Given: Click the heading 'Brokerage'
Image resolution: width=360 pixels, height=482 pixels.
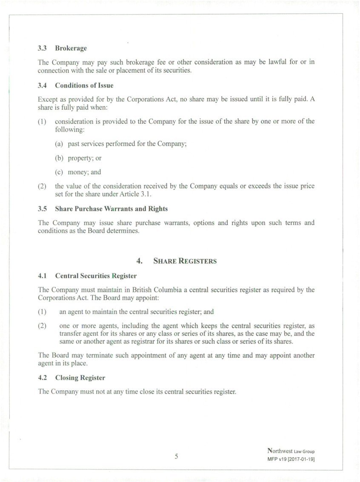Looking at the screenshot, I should [x=71, y=48].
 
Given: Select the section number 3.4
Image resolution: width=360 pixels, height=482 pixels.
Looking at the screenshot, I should [x=42, y=86].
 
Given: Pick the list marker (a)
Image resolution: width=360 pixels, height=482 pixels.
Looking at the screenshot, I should [x=59, y=144].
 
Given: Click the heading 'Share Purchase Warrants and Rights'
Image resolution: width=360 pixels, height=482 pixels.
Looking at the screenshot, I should [x=111, y=209].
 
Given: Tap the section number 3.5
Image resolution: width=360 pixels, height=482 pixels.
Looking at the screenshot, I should [x=42, y=209].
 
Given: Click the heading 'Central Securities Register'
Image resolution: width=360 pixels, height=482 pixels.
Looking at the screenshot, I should [x=96, y=276].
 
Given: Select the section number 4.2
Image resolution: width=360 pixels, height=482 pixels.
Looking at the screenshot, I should [x=42, y=377].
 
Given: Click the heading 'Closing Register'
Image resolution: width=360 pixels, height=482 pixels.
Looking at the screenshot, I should [x=80, y=377].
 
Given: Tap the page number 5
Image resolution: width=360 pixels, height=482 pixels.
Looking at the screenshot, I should [x=176, y=457].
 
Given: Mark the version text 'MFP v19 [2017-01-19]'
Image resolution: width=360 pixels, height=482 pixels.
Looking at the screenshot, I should [x=291, y=459].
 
